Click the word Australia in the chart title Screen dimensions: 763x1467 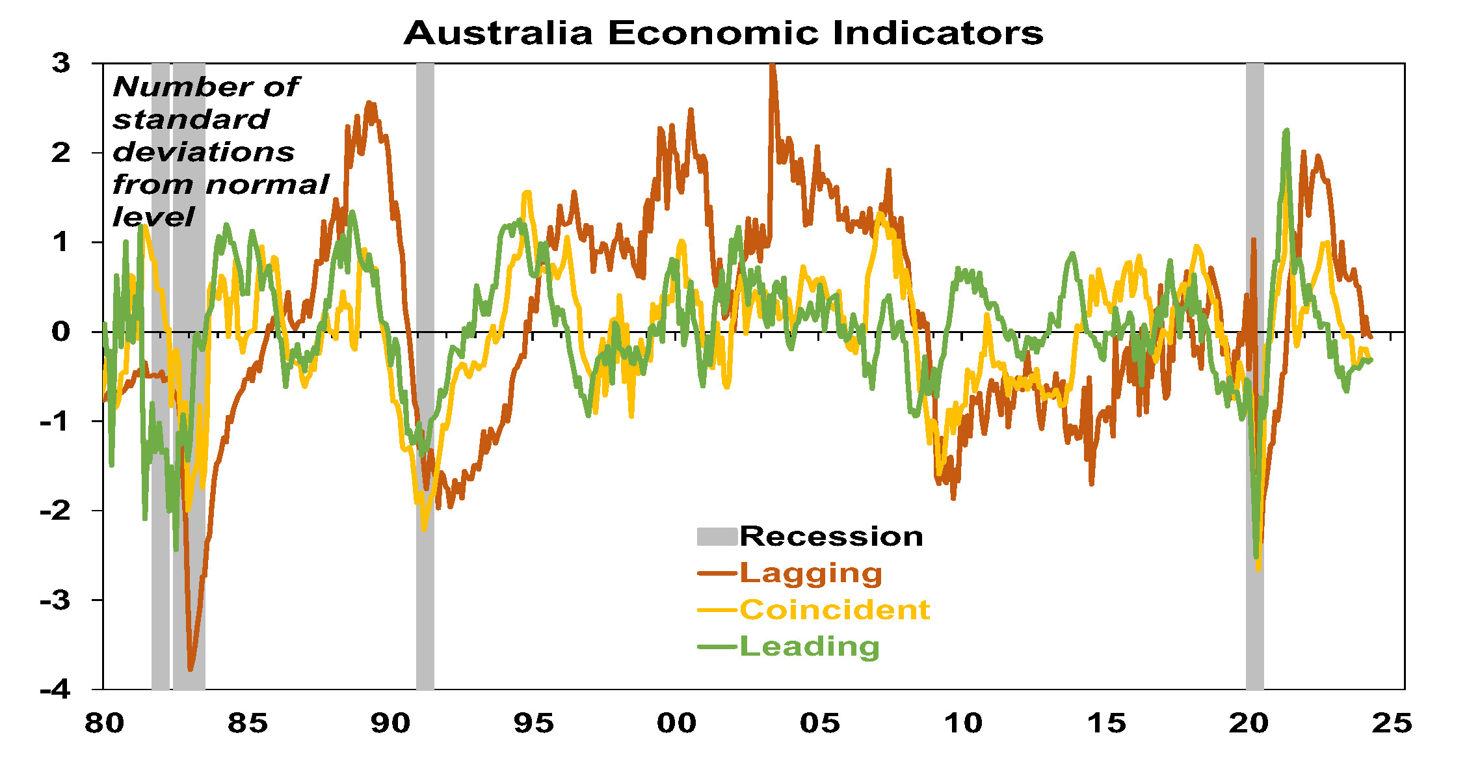[498, 33]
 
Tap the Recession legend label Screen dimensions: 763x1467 [831, 537]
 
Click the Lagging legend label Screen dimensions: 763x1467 [811, 573]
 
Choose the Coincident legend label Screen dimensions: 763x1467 [834, 609]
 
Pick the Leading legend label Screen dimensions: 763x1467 [810, 647]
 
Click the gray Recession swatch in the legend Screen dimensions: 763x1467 [717, 537]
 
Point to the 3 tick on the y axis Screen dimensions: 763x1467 [61, 64]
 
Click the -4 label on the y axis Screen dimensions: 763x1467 [55, 689]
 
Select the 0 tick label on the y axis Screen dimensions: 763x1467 [61, 332]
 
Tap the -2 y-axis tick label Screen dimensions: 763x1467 [55, 511]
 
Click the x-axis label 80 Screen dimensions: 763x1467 [104, 723]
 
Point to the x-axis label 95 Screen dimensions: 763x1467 [533, 723]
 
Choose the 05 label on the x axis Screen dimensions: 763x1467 [819, 723]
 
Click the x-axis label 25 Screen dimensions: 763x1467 [1392, 723]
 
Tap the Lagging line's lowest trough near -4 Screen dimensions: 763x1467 [191, 669]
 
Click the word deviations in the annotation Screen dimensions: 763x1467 [204, 152]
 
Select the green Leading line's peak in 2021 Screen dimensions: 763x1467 [1286, 131]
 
